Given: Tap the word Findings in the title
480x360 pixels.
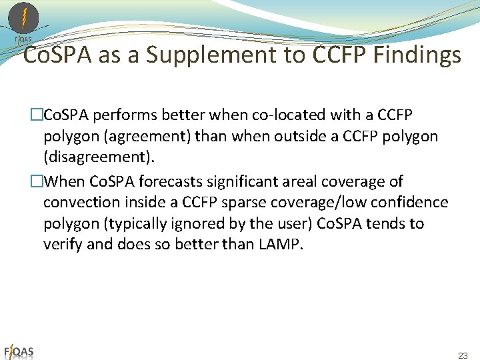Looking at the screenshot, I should click(x=418, y=56).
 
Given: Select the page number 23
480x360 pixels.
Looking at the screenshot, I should click(x=463, y=355).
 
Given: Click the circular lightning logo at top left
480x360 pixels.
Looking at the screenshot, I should click(x=23, y=18).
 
